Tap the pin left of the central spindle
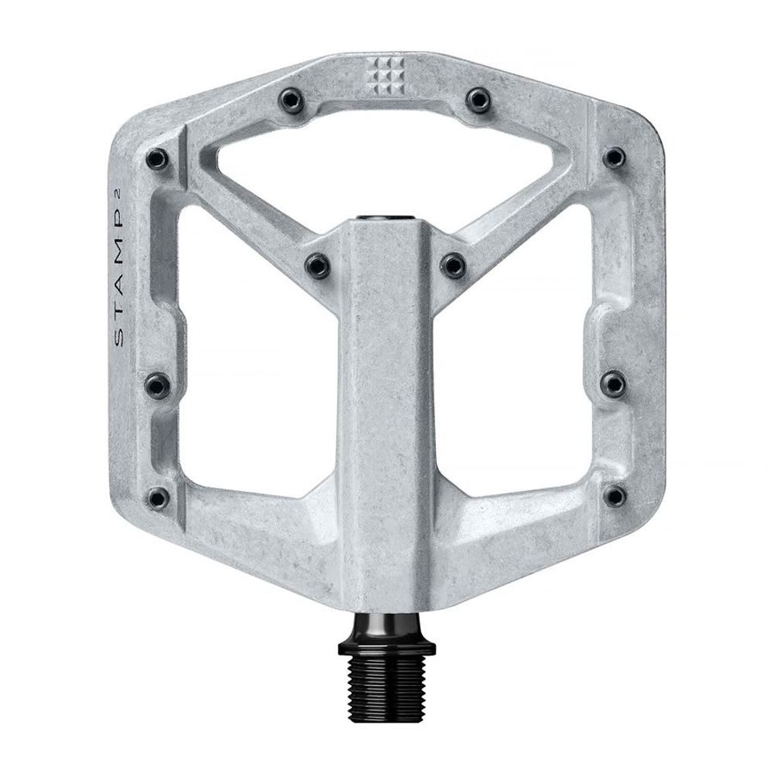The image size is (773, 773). coord(318,264)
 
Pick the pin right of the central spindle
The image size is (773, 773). coord(453,264)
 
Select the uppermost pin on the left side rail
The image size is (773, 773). coord(158,158)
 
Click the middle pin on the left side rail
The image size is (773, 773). coord(158,383)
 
